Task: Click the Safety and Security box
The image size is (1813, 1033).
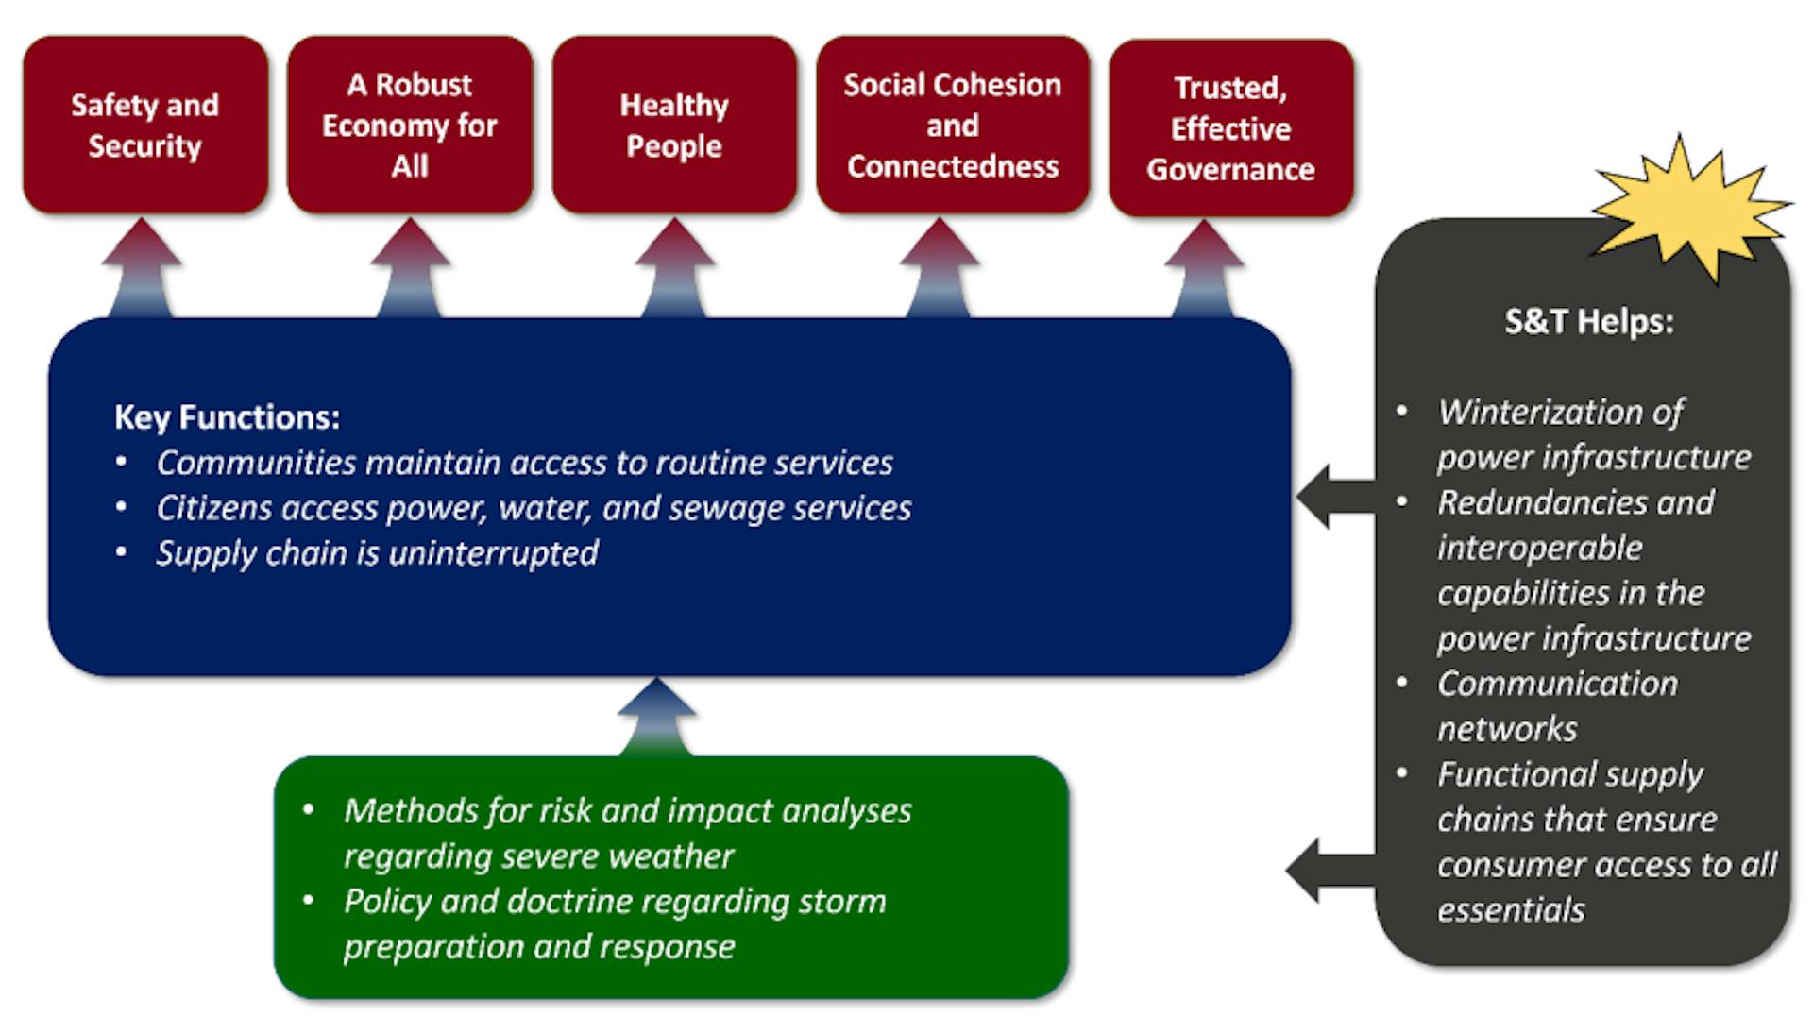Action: tap(144, 125)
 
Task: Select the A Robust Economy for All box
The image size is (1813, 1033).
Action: tap(409, 125)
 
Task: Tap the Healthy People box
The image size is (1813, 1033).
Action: tap(673, 125)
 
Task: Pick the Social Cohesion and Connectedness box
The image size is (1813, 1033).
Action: tap(952, 125)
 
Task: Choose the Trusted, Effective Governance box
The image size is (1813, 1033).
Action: tap(1230, 127)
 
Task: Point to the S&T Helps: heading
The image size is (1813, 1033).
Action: tap(1588, 322)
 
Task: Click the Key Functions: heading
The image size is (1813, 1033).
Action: tap(227, 416)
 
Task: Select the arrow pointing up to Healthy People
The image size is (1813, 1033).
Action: tap(674, 269)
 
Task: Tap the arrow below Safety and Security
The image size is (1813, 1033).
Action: tap(142, 269)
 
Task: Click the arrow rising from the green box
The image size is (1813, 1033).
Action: tap(657, 718)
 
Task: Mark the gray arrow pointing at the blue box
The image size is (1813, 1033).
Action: tap(1334, 496)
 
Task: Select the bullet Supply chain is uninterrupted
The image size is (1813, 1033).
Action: tap(377, 552)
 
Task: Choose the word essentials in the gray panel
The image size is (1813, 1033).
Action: tap(1511, 910)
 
